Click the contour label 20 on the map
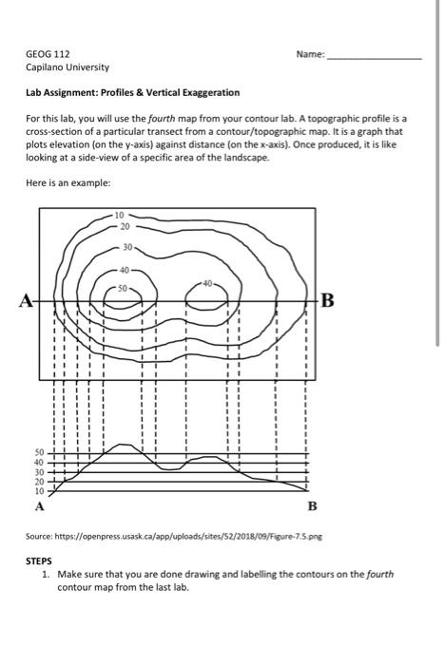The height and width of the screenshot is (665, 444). [125, 228]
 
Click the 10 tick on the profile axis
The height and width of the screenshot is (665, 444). [39, 492]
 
